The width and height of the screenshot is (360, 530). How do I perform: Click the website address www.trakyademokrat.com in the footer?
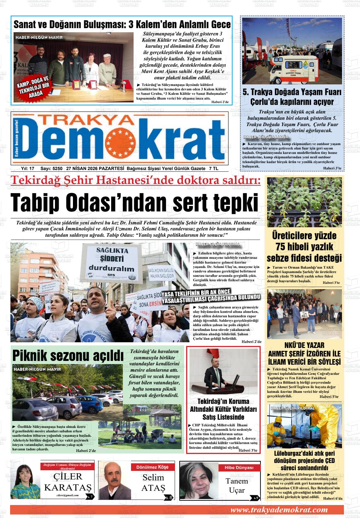point(279,509)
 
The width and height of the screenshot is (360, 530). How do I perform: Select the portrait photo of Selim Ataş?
point(115,480)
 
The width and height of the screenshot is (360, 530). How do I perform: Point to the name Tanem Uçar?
point(237,485)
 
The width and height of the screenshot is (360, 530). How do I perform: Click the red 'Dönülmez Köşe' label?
point(152,467)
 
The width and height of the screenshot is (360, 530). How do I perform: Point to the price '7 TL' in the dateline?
point(213,168)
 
